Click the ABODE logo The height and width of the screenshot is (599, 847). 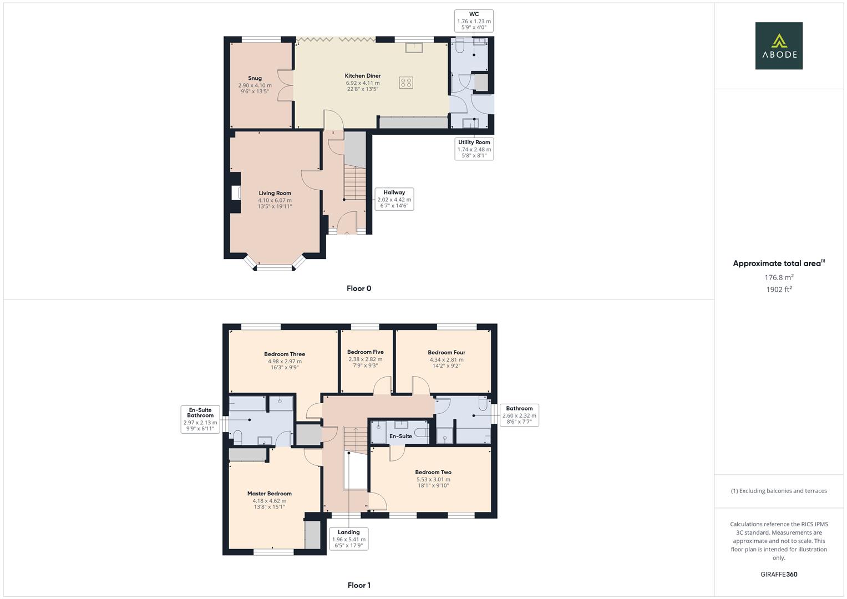click(x=778, y=45)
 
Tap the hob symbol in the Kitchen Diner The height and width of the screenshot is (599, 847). click(x=406, y=83)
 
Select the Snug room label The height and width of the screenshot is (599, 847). click(x=255, y=78)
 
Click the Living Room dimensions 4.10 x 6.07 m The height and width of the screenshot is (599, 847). click(x=275, y=200)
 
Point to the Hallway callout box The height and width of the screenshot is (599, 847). click(x=394, y=199)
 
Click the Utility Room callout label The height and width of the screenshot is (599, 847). click(x=474, y=149)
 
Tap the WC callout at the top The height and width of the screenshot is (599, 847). click(x=474, y=21)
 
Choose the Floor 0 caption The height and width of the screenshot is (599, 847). click(x=359, y=288)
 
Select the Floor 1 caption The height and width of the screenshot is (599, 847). click(x=359, y=585)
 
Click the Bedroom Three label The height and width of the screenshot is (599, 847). click(x=285, y=354)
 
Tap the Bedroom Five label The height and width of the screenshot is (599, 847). click(x=365, y=352)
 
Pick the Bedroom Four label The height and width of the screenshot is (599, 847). click(x=447, y=352)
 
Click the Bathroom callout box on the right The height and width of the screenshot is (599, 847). click(x=519, y=415)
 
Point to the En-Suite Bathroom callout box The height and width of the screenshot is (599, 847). click(x=200, y=419)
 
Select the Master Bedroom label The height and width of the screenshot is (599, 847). click(x=270, y=494)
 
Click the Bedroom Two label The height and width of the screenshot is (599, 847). click(x=433, y=473)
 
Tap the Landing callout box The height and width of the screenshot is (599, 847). click(x=348, y=539)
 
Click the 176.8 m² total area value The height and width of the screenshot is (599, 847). click(x=779, y=277)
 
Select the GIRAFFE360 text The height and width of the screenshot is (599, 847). click(x=779, y=575)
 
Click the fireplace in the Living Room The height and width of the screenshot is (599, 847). click(x=236, y=192)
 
